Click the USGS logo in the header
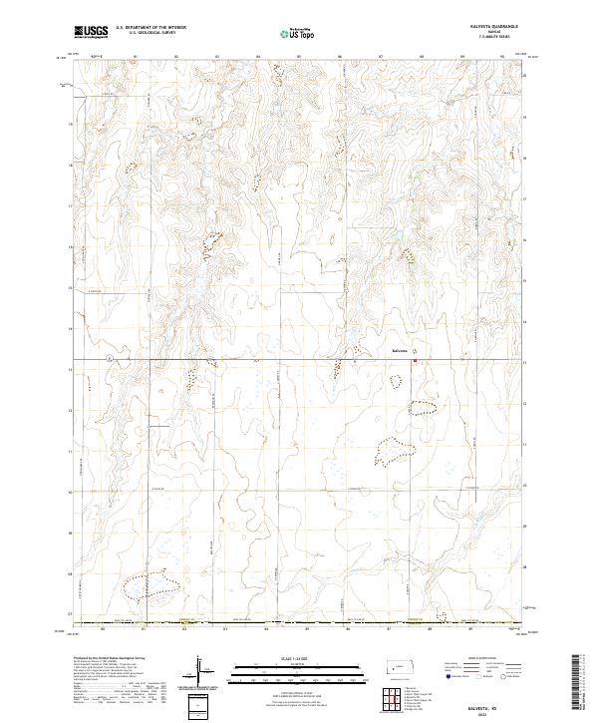pos(91,31)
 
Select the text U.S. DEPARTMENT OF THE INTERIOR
pos(150,27)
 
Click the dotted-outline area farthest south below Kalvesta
pos(395,452)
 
